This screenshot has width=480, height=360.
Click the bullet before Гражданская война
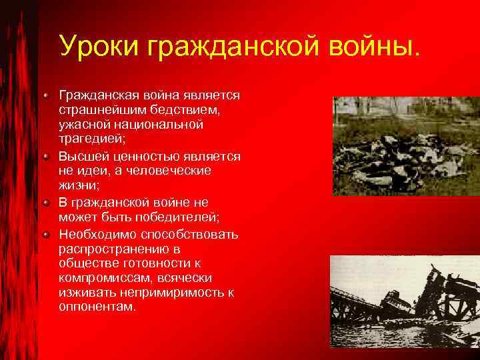(x=46, y=95)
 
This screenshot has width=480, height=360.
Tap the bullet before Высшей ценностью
(x=46, y=157)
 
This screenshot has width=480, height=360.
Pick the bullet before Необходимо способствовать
(x=46, y=235)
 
